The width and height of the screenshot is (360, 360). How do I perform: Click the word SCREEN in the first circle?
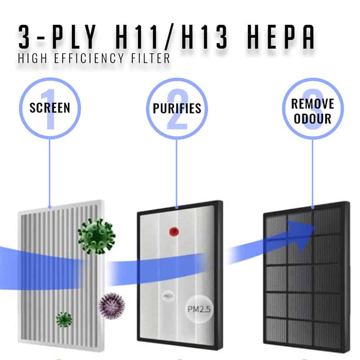pos(49,108)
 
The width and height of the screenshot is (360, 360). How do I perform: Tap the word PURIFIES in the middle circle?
pos(177,108)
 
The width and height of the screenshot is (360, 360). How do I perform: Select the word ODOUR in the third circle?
pos(313,119)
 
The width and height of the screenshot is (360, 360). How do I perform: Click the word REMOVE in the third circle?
pos(313,104)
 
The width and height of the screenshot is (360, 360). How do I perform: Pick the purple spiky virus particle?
pos(111,306)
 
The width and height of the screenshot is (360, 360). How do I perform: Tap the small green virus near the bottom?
pos(64,319)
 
